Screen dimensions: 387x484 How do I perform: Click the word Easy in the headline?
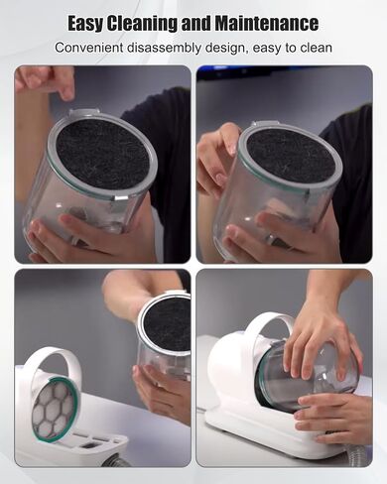tap(85, 24)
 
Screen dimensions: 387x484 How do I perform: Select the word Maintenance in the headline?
tap(267, 23)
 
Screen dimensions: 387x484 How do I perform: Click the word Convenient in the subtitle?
tap(88, 48)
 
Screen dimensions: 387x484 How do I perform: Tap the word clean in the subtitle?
tap(316, 48)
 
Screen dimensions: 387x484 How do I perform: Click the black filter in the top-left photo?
tap(102, 154)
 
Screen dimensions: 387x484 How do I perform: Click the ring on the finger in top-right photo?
tap(272, 238)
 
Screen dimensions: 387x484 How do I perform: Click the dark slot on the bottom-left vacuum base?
tap(88, 445)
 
